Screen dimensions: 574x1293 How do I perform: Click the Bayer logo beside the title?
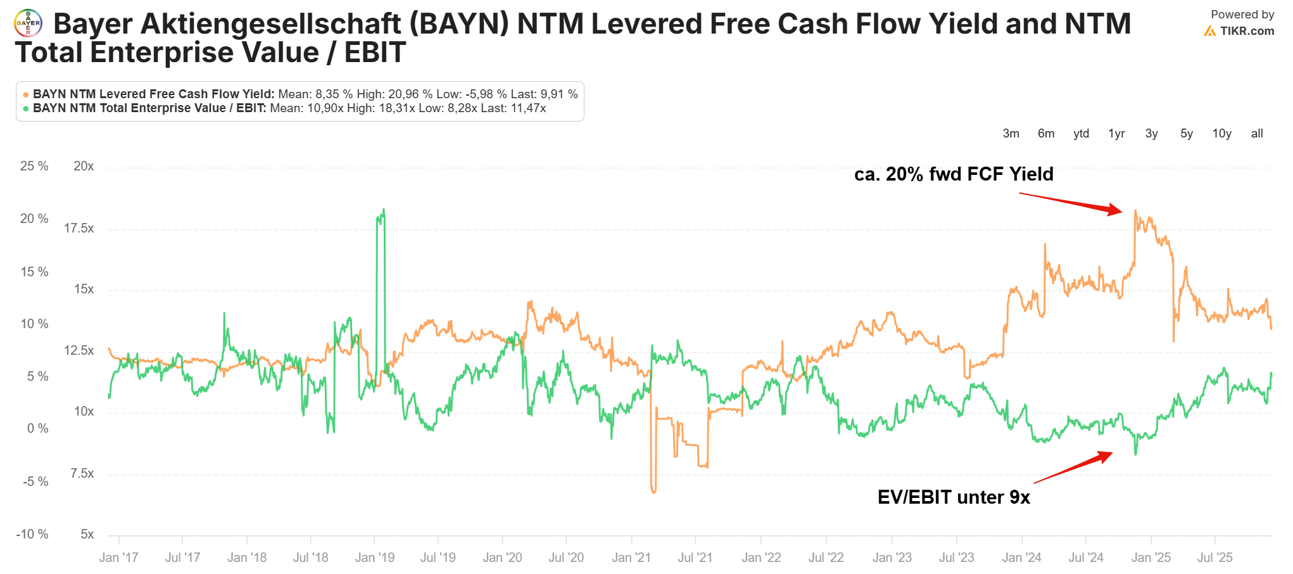[x=28, y=23]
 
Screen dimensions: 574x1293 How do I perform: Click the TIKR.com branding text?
[x=1246, y=30]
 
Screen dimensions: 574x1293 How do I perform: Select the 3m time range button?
[x=1011, y=134]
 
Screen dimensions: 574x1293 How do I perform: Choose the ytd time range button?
[x=1081, y=134]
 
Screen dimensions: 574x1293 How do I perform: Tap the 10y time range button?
[x=1221, y=134]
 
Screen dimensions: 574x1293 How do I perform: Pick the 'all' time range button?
[x=1257, y=134]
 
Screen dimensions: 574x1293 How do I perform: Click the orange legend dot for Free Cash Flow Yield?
[x=26, y=94]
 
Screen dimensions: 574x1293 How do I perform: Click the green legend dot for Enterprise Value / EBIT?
[x=26, y=108]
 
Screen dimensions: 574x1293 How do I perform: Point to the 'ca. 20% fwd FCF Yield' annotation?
[x=953, y=174]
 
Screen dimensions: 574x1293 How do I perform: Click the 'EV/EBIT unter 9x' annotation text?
[x=953, y=497]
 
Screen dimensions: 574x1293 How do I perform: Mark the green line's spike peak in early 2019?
[x=383, y=210]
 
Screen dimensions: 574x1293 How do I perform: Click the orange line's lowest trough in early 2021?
[x=653, y=492]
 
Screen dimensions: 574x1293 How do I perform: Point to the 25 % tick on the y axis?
[x=34, y=166]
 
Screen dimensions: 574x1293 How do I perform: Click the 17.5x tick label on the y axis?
[x=79, y=228]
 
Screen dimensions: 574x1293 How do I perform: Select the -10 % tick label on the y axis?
[x=32, y=534]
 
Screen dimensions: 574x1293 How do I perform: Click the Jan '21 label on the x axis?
[x=631, y=558]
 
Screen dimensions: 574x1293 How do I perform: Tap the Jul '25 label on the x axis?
[x=1214, y=558]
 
